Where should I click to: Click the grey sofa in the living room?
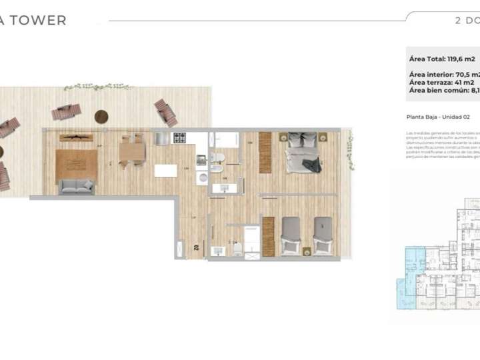click(x=76, y=187)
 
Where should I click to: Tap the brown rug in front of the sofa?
click(x=76, y=164)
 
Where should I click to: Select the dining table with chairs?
click(x=132, y=152)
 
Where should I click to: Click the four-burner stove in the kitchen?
click(x=180, y=139)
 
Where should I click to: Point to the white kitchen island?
click(x=165, y=171)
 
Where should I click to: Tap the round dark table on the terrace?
click(x=101, y=117)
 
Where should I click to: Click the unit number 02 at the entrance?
click(x=197, y=247)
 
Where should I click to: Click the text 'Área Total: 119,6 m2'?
click(x=442, y=59)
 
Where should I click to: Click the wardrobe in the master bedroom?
click(x=265, y=153)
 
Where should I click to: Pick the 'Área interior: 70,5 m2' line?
click(x=443, y=74)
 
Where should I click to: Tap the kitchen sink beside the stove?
click(x=163, y=139)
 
